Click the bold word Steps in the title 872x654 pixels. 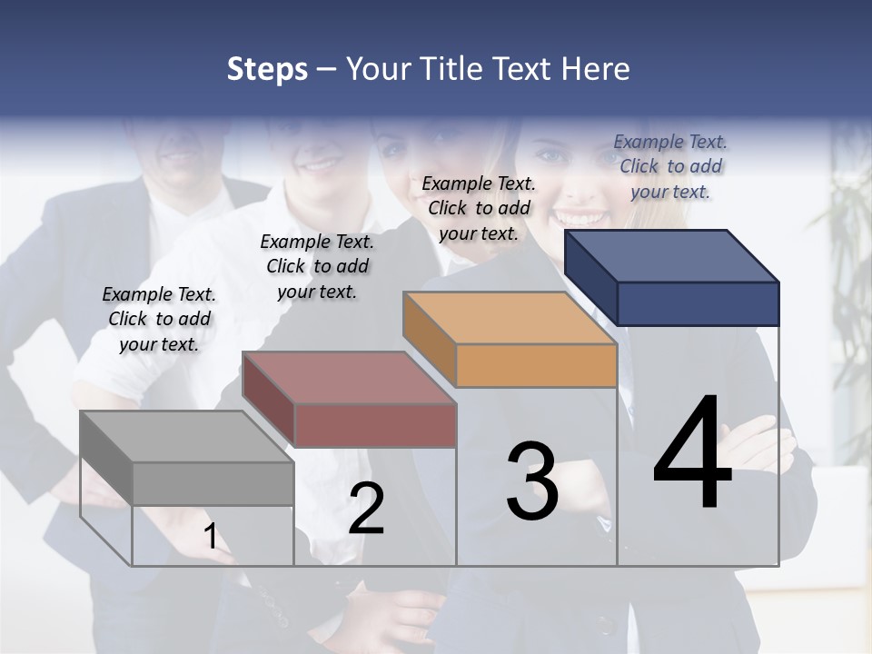pos(267,69)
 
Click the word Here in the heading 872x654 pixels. pos(596,69)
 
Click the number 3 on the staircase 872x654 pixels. pos(532,481)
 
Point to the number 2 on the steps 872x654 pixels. pos(366,509)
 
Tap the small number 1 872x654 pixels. pos(211,537)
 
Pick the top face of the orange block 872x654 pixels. pos(510,318)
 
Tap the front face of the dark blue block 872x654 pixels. pos(698,303)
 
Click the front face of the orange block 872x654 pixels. pos(536,366)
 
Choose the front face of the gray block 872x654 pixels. pos(213,483)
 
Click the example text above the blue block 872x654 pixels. pos(670,166)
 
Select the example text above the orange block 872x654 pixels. pos(479,208)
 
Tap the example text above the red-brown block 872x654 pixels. pos(317,266)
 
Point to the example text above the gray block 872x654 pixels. pos(159,319)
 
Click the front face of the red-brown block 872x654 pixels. pos(375,425)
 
